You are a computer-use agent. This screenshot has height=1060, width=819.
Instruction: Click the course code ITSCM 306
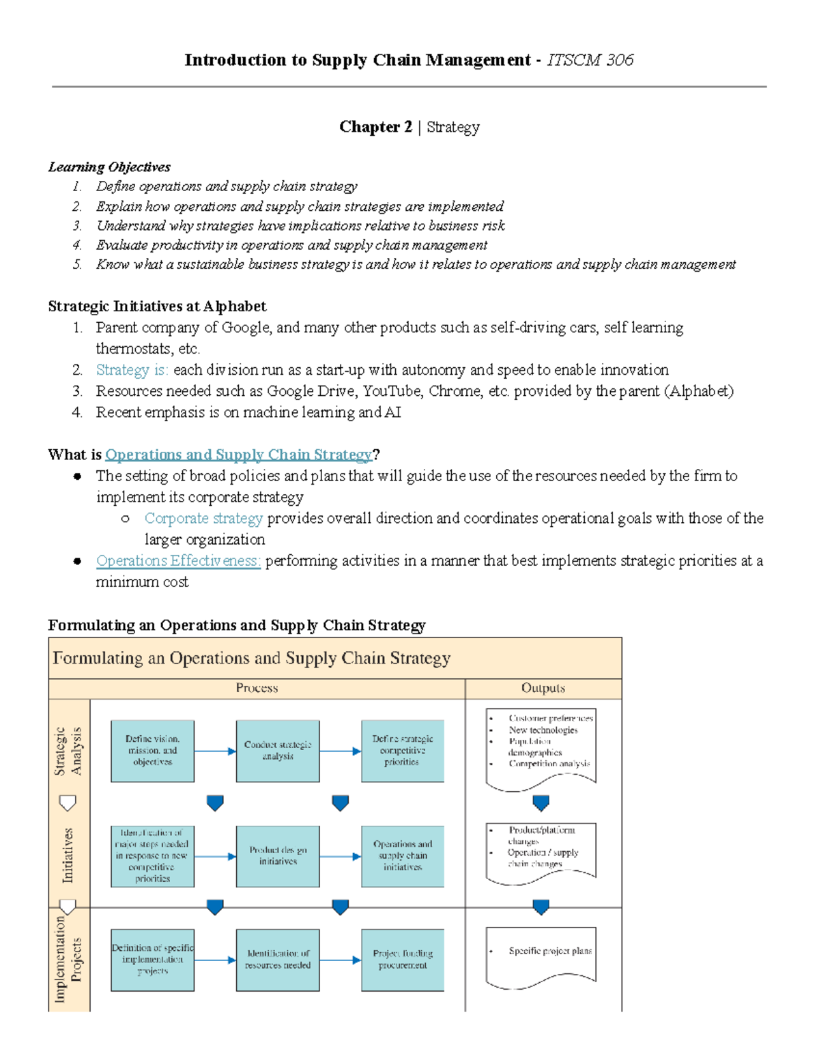click(590, 60)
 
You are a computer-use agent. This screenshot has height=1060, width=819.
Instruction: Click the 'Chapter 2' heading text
click(375, 127)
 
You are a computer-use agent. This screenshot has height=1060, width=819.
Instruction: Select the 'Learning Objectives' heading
click(109, 167)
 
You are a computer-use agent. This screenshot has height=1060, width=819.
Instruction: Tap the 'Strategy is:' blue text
click(132, 370)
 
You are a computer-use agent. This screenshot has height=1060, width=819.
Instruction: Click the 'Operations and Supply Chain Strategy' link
click(238, 455)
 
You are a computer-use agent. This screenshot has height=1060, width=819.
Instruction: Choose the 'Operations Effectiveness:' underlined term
click(178, 560)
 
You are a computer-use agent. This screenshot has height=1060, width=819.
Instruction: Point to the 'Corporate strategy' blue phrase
click(203, 518)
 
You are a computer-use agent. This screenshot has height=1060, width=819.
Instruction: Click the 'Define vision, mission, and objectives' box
click(152, 751)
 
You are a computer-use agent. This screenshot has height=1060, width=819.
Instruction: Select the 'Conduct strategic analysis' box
click(278, 751)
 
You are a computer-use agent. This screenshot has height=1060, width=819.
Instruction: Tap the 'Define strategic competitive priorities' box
click(403, 751)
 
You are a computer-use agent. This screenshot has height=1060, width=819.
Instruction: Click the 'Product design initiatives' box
click(278, 856)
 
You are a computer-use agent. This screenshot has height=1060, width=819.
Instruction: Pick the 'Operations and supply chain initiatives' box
click(403, 856)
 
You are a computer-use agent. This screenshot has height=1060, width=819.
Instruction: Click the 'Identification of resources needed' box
click(278, 960)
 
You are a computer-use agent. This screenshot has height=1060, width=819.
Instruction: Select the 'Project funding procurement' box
click(403, 960)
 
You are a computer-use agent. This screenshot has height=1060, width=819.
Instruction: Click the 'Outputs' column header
click(543, 688)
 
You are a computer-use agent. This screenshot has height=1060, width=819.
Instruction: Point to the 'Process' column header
click(257, 688)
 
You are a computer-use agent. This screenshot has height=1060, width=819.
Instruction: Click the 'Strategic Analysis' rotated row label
click(68, 751)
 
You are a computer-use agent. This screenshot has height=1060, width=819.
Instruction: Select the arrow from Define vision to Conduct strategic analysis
click(215, 751)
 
